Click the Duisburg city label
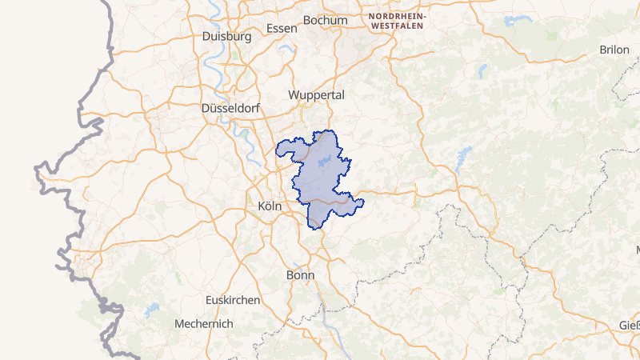(x=227, y=36)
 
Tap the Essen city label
(x=282, y=28)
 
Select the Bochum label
(x=326, y=20)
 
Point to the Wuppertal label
(x=316, y=94)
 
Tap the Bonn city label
(x=300, y=274)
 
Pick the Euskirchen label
(x=233, y=299)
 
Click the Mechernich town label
(x=204, y=324)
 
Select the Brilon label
(x=614, y=50)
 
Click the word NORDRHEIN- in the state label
(x=398, y=15)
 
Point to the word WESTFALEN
(x=398, y=26)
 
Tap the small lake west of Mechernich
(x=151, y=309)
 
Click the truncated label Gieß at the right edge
(x=629, y=326)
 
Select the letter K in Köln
(x=262, y=206)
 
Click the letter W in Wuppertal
(x=294, y=94)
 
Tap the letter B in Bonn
(x=290, y=274)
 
